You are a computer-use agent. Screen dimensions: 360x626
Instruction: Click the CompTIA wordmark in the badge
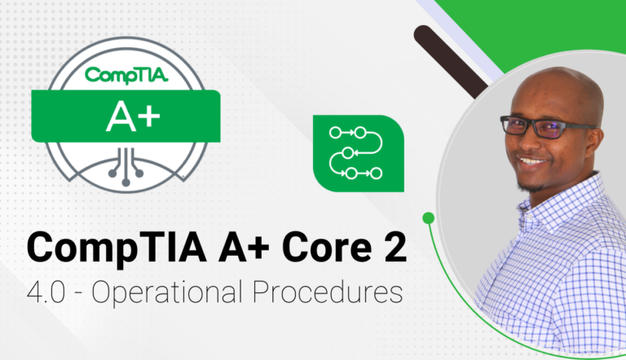pyautogui.click(x=126, y=76)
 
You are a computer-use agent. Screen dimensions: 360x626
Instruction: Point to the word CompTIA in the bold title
pyautogui.click(x=107, y=246)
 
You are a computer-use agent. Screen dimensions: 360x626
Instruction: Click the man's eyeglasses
pyautogui.click(x=542, y=125)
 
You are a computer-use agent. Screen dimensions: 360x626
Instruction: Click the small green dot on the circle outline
pyautogui.click(x=428, y=217)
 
